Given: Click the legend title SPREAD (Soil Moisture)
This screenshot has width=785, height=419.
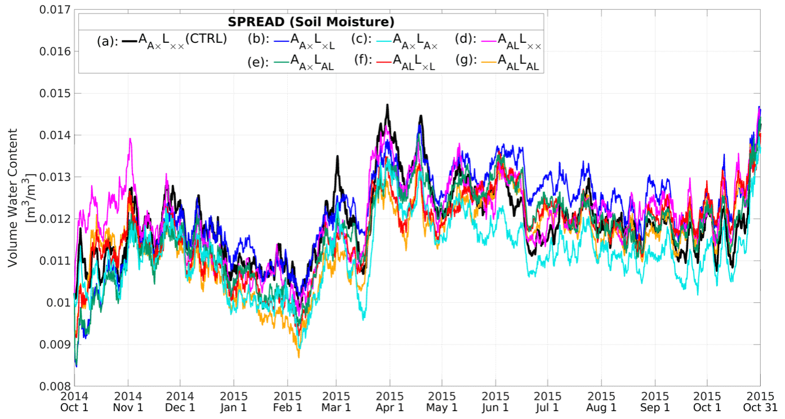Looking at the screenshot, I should tap(311, 22).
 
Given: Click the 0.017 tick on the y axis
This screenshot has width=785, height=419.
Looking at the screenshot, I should tap(53, 10).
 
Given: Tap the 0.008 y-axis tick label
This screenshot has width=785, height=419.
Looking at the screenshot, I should tap(53, 386).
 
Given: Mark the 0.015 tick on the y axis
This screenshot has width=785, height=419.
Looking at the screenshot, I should tap(53, 93).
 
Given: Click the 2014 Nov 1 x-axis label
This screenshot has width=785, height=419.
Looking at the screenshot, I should tap(128, 402).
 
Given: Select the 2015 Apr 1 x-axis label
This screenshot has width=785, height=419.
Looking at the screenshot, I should tap(390, 402).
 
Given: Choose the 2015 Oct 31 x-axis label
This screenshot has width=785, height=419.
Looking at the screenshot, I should tap(761, 402).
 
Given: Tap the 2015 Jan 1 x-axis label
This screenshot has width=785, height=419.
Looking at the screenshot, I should tap(233, 402).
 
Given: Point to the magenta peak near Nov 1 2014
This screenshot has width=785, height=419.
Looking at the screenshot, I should tap(131, 139).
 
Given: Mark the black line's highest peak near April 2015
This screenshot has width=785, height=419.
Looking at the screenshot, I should tap(387, 105).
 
